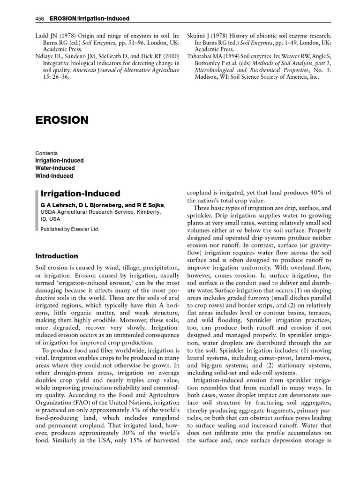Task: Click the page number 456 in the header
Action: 39,18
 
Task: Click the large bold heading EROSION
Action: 62,120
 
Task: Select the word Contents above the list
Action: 47,153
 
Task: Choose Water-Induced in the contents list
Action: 55,168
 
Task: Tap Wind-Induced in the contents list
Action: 54,176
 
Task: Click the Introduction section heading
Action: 57,256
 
